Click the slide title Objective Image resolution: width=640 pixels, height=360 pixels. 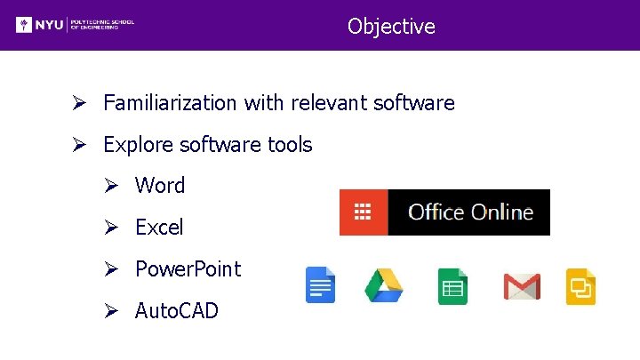pyautogui.click(x=391, y=27)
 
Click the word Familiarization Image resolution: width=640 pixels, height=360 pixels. pyautogui.click(x=171, y=103)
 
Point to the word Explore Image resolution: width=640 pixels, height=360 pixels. pyautogui.click(x=136, y=145)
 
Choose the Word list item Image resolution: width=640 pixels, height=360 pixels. pyautogui.click(x=160, y=186)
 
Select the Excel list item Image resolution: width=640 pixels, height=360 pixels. pyautogui.click(x=159, y=228)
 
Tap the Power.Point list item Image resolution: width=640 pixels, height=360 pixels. pyautogui.click(x=188, y=269)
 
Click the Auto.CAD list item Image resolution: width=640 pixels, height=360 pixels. pyautogui.click(x=176, y=311)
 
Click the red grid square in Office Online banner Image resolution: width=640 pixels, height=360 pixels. pyautogui.click(x=363, y=212)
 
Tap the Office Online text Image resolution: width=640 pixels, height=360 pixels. pyautogui.click(x=470, y=212)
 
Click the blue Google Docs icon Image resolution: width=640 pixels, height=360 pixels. pyautogui.click(x=320, y=285)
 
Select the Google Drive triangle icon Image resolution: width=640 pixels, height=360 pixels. pyautogui.click(x=384, y=285)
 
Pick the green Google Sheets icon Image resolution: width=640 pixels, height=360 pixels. pyautogui.click(x=452, y=286)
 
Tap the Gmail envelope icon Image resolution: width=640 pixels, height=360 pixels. pyautogui.click(x=522, y=286)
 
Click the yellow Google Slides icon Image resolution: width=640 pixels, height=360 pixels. pyautogui.click(x=580, y=286)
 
